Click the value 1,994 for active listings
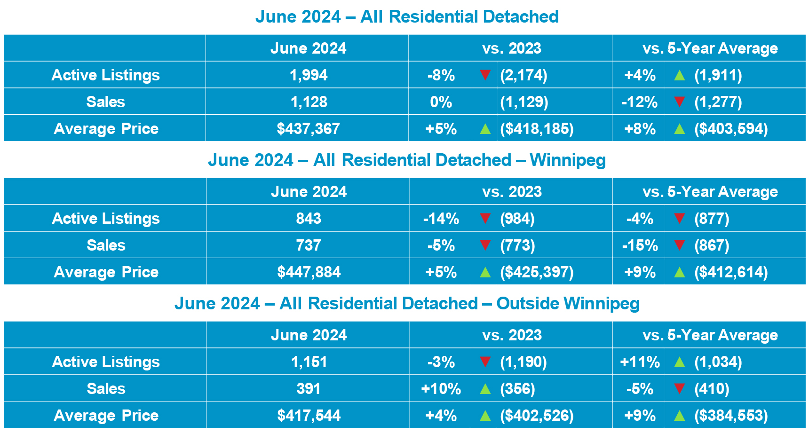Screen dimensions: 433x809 click(x=308, y=75)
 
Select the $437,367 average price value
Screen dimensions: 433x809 click(x=308, y=129)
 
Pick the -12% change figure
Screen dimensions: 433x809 click(x=639, y=102)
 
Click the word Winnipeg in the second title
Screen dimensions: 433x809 click(x=568, y=160)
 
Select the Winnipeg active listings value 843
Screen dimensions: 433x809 click(x=309, y=219)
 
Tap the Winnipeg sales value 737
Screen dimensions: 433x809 click(x=309, y=245)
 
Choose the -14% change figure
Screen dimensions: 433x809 click(x=441, y=219)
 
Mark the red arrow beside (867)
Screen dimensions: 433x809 click(x=679, y=245)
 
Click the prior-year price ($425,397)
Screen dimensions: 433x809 click(x=537, y=272)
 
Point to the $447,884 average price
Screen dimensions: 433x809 click(x=309, y=272)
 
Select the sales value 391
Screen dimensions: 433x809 click(x=309, y=389)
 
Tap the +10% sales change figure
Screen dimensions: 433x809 click(x=441, y=389)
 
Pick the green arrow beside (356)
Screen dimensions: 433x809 click(x=485, y=389)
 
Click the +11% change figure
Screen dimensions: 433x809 click(x=640, y=362)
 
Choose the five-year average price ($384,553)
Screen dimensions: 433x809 click(x=731, y=416)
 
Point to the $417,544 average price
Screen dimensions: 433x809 click(x=309, y=416)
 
